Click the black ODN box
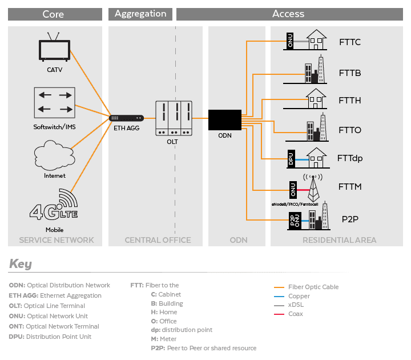(224, 119)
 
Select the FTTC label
(349, 42)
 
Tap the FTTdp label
(350, 158)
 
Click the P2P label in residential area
(349, 219)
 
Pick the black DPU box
(291, 159)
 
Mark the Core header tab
(53, 14)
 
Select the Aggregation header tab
(140, 14)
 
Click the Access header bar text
(289, 14)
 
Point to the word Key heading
(21, 264)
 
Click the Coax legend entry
(295, 314)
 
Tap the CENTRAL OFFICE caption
(158, 240)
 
